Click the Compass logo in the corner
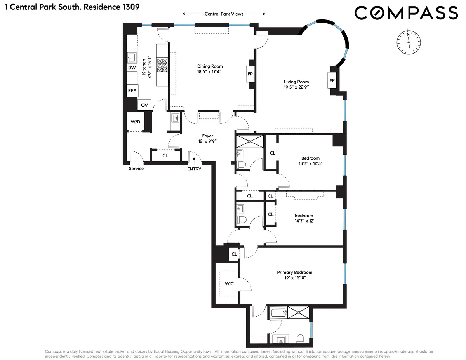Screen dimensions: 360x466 406,13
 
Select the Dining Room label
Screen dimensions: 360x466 210,66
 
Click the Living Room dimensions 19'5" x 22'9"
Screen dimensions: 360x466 296,87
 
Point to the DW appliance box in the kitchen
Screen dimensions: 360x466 132,68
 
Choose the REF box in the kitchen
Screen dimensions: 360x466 132,91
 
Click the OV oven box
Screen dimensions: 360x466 144,105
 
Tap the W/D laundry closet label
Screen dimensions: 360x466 135,122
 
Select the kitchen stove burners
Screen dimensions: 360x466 162,66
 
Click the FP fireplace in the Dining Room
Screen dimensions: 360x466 250,73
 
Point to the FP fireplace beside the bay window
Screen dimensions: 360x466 332,80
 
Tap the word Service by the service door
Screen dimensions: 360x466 136,169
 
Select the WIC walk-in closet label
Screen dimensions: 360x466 229,284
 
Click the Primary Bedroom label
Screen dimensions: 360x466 294,273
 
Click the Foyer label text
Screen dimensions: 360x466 207,136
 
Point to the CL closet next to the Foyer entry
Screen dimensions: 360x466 165,155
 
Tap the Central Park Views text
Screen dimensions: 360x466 224,14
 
